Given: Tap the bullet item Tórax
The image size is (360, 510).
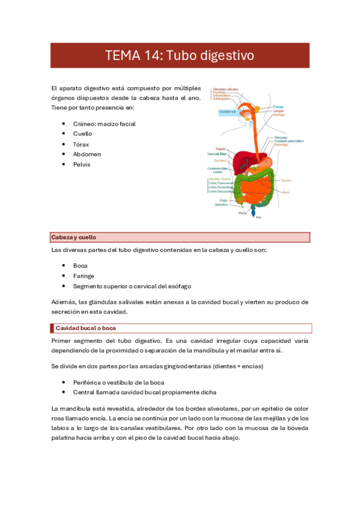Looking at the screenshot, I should (82, 144).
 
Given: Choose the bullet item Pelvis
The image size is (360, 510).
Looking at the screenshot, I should (82, 165).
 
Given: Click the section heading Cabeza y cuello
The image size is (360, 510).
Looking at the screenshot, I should (74, 238).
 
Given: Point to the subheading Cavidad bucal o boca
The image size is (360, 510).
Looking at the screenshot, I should (85, 328).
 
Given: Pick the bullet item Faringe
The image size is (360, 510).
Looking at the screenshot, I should (84, 276).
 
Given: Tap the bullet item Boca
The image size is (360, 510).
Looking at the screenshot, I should (81, 266).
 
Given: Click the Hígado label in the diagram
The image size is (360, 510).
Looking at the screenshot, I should (221, 147).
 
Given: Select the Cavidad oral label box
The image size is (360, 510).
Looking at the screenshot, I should (227, 112).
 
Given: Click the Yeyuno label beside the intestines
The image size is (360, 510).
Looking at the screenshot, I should (286, 180).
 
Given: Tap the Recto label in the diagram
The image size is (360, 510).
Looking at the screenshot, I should (242, 213).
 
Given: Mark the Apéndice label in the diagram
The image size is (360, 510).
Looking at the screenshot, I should (222, 205).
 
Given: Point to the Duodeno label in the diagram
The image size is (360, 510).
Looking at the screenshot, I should (220, 161).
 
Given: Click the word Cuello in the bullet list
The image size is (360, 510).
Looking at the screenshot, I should (82, 134).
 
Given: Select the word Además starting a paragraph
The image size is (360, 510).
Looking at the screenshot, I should (64, 302).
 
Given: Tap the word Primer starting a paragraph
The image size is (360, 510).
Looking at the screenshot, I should (63, 340).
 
